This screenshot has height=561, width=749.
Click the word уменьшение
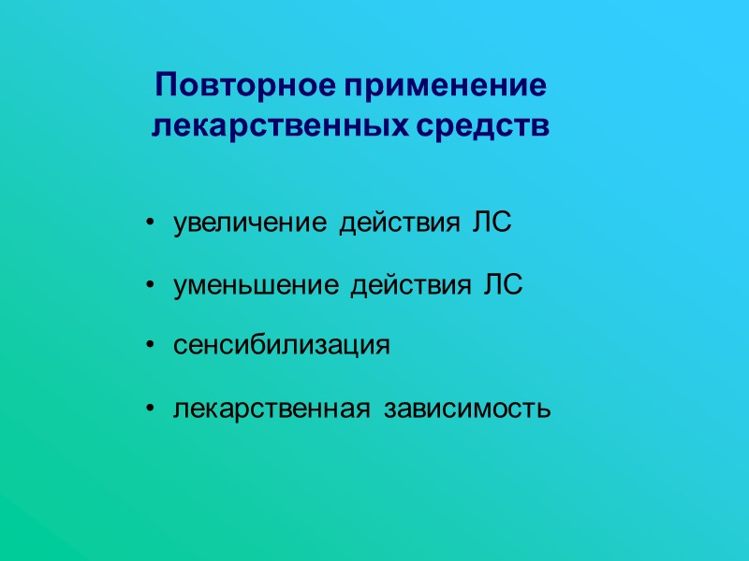coord(257,287)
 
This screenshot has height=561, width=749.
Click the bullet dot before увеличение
coord(151,225)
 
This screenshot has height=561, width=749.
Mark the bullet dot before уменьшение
coord(151,287)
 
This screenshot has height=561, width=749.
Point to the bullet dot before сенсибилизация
coord(151,346)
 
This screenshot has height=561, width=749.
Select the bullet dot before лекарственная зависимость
coord(151,409)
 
